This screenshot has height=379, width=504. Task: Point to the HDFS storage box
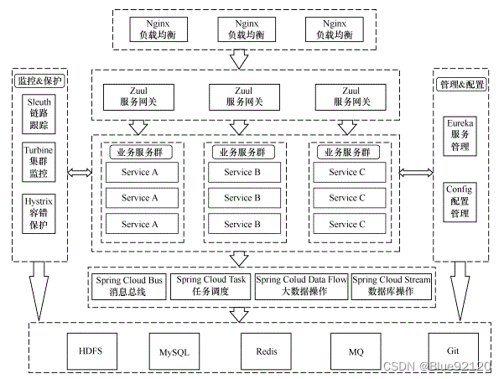coord(90,350)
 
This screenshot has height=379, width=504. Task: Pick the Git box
coord(451,350)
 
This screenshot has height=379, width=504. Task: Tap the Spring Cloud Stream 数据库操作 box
coord(392,285)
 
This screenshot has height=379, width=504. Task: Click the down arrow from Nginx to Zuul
coord(239,59)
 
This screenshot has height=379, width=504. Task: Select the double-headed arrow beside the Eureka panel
coord(414,173)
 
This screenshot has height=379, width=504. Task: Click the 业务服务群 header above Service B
coord(240,153)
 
